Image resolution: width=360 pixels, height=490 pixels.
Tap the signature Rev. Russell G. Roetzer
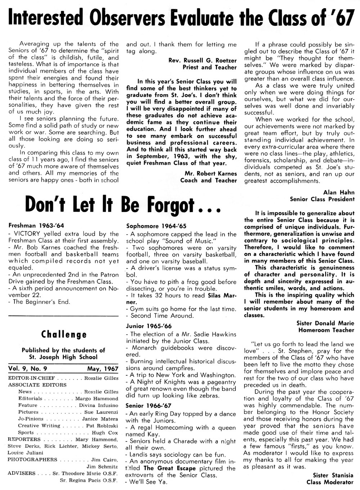pyautogui.click(x=203, y=60)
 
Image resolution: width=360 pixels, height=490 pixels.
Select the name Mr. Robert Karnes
pyautogui.click(x=208, y=174)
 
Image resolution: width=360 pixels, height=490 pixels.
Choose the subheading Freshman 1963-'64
pyautogui.click(x=36, y=226)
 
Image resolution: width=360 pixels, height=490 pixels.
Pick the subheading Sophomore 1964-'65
pyautogui.click(x=156, y=226)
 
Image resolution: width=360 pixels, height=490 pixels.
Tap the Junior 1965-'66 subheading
pyautogui.click(x=149, y=326)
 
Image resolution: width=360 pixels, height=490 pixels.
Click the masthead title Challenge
pyautogui.click(x=64, y=334)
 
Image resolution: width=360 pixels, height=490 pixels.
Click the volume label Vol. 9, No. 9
pyautogui.click(x=30, y=369)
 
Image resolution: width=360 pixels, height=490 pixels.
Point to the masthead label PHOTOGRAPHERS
pyautogui.click(x=32, y=459)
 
